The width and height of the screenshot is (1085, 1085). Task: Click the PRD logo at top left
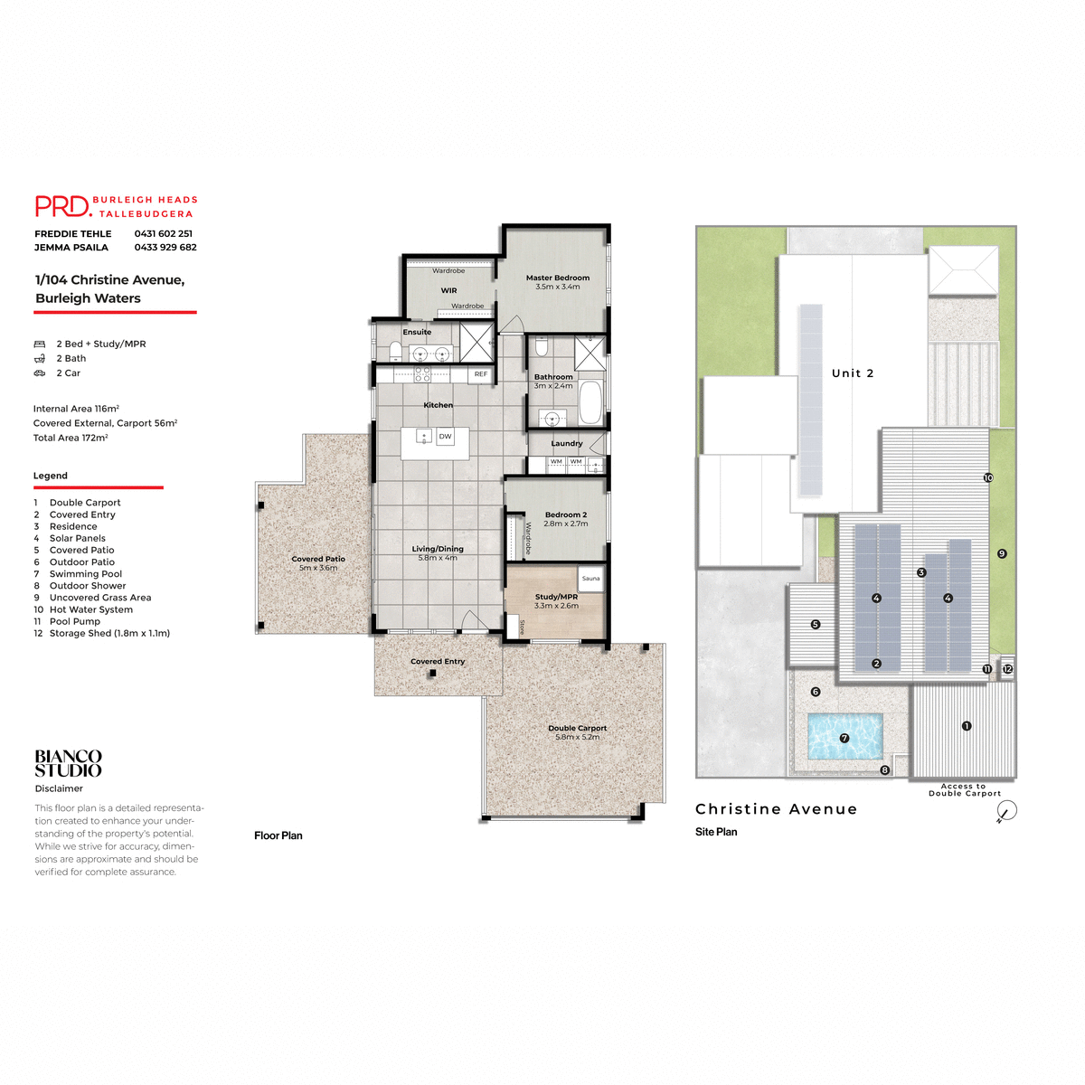coord(63,206)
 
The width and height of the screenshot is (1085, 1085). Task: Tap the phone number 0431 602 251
coord(163,233)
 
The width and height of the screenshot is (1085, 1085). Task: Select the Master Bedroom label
coord(557,278)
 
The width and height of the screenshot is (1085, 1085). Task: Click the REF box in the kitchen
coord(480,373)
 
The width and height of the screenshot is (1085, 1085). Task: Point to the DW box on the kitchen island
coord(445,436)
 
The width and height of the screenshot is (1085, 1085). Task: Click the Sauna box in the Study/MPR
coord(590,578)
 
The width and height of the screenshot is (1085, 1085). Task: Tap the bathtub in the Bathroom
coord(590,402)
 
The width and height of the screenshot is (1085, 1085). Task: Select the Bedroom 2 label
coord(565,514)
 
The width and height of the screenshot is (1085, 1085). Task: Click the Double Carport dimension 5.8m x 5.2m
coord(577,737)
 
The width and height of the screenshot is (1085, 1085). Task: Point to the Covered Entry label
coord(438,661)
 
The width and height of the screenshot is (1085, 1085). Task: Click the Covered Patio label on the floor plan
coord(318,559)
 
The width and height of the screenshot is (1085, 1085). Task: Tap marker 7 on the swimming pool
coord(844,738)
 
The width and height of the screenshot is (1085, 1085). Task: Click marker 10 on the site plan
coord(988,477)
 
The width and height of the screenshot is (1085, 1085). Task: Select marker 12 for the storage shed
coord(1007,669)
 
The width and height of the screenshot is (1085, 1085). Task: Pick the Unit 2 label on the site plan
coord(853,373)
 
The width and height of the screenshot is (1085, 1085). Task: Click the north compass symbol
coord(1005,811)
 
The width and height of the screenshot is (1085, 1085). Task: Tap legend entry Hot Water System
coord(90,609)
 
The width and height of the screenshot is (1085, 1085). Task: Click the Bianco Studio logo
coord(69,763)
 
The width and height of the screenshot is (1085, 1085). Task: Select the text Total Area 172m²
coord(71,438)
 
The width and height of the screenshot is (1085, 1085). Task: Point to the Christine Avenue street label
coord(776,809)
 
